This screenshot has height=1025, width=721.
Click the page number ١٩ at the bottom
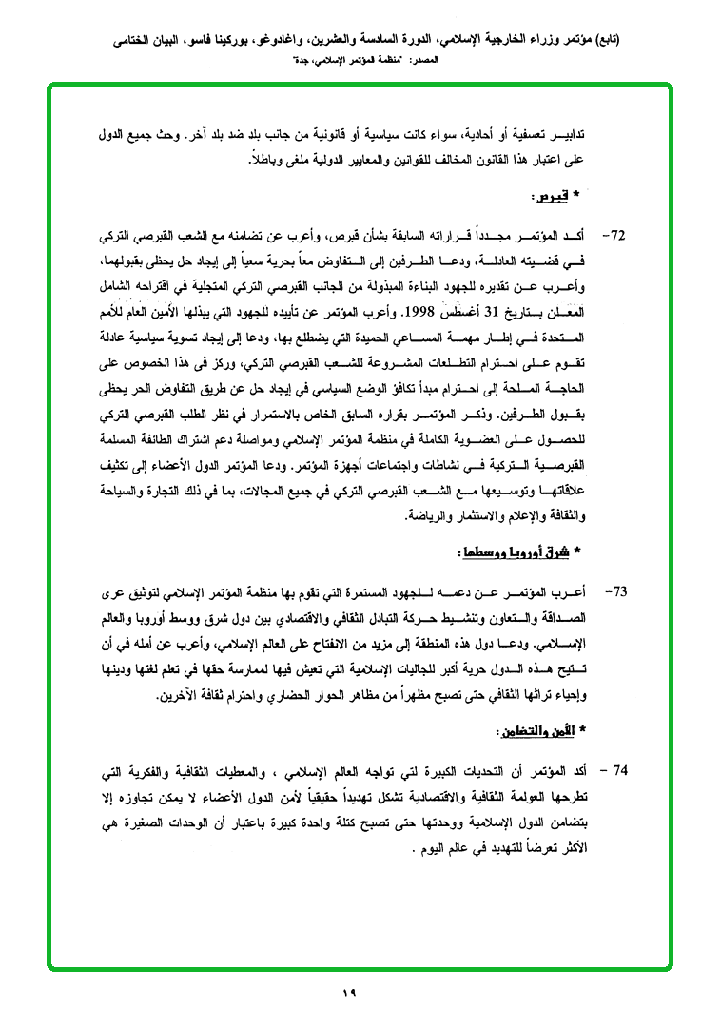(347, 994)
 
